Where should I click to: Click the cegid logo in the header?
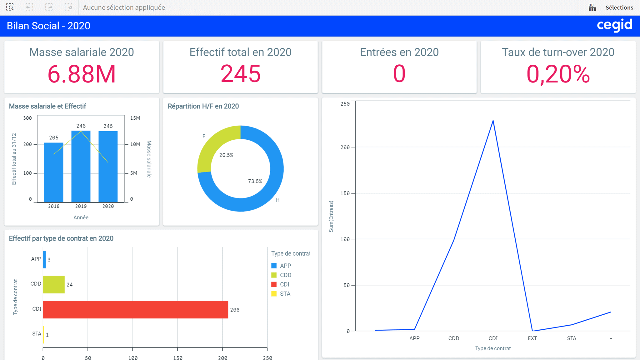coord(614,25)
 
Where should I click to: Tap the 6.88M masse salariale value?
coord(82,74)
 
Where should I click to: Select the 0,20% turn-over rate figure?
coord(558,74)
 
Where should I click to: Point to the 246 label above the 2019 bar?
coord(81,126)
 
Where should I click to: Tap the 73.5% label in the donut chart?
coord(255,181)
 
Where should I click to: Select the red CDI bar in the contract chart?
coord(135,309)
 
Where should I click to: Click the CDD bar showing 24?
coord(54,284)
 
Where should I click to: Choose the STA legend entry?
coord(285,294)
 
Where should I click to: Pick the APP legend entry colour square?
coord(274,266)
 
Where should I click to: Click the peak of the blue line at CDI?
coord(493,121)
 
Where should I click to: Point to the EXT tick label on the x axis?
coord(532,338)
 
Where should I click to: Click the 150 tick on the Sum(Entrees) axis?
coord(345,193)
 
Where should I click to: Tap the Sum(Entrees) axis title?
coord(331,216)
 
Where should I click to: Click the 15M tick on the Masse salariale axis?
coord(135,118)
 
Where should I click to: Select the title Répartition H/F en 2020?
coord(203,106)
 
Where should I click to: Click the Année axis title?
coord(81,217)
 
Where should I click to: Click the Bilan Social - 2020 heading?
coord(48,26)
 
